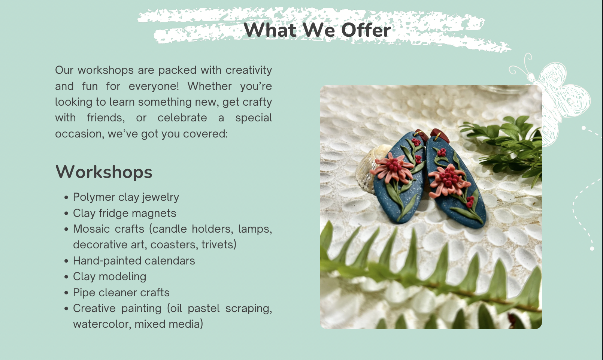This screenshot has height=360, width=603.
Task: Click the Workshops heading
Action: (104, 172)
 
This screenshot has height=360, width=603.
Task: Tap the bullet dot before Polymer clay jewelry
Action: (67, 198)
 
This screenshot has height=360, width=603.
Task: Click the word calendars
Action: (170, 261)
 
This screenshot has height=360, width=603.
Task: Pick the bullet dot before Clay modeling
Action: (67, 277)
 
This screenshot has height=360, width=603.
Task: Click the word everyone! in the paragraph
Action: (154, 87)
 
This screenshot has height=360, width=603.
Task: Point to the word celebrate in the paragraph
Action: (182, 118)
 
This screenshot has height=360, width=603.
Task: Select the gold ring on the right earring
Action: (437, 136)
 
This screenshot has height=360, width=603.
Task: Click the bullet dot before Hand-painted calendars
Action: (67, 261)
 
